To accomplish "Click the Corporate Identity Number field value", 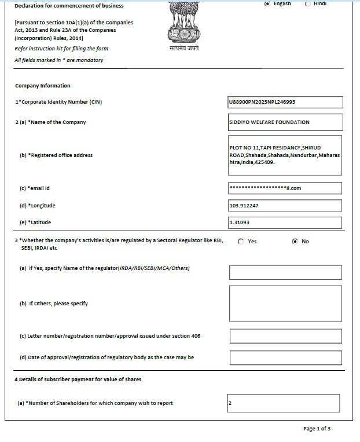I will [285, 103].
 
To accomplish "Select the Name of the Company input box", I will [285, 122].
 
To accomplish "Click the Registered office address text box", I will [285, 155].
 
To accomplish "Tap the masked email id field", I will [285, 188].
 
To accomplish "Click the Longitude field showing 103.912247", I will [285, 206].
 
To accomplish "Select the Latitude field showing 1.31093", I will [285, 222].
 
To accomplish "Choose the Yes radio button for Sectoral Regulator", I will [241, 242].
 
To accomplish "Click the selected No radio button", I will [295, 242].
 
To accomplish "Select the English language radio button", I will [267, 3].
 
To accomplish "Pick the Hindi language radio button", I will [308, 3].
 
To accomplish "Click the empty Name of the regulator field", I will [285, 272].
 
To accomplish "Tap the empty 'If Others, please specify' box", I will [285, 303].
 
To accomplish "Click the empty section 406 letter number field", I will [285, 336].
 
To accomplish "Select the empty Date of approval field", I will [285, 357].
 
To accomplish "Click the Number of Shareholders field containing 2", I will [284, 403].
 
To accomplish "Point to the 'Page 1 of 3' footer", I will [317, 429].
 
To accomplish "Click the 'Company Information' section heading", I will [43, 86].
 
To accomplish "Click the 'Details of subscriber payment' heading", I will [78, 379].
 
